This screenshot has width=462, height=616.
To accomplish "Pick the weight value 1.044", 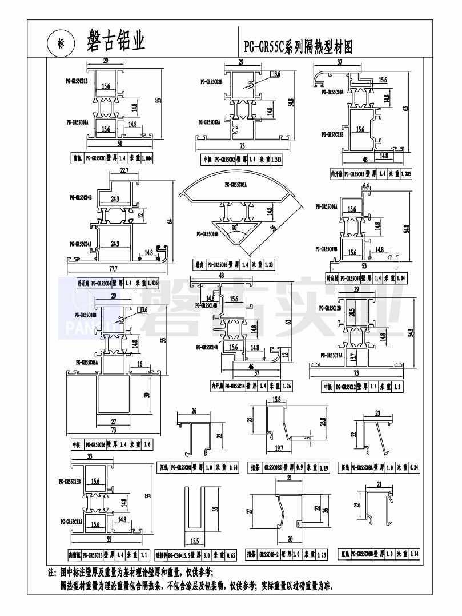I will click(147, 158).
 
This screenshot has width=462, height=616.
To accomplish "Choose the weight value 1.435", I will click(152, 283).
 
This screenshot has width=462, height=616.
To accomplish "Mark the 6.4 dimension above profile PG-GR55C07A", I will click(366, 186).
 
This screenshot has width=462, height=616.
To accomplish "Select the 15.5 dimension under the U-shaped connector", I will click(195, 541).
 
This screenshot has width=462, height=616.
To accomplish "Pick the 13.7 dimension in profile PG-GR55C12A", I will click(353, 359).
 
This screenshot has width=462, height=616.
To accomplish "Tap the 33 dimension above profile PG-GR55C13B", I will click(89, 456).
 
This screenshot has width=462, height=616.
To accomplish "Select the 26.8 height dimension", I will click(323, 422).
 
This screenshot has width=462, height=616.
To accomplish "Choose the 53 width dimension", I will click(364, 265).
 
